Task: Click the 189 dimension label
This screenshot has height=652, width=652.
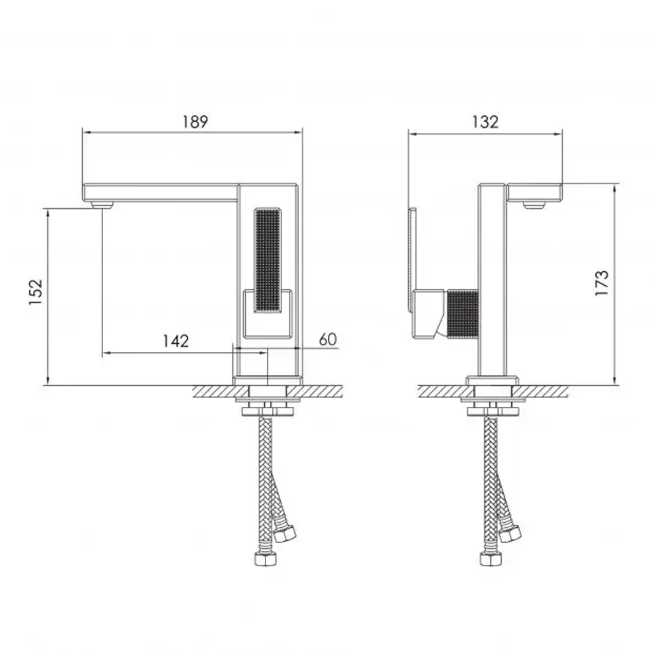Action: click(x=195, y=122)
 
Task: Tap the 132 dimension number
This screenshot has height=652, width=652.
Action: click(x=485, y=122)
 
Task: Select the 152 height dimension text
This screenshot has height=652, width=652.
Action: click(x=36, y=292)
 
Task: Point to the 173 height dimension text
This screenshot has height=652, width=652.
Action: click(x=602, y=283)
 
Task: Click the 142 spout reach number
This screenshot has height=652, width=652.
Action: click(x=176, y=341)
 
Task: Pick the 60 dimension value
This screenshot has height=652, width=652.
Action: click(x=328, y=339)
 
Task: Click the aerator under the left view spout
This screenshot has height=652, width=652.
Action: click(x=102, y=204)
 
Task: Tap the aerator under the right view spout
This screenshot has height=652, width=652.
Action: click(x=534, y=204)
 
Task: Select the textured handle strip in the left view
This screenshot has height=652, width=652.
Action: click(x=267, y=260)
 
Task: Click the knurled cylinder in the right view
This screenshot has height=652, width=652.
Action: click(x=463, y=314)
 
